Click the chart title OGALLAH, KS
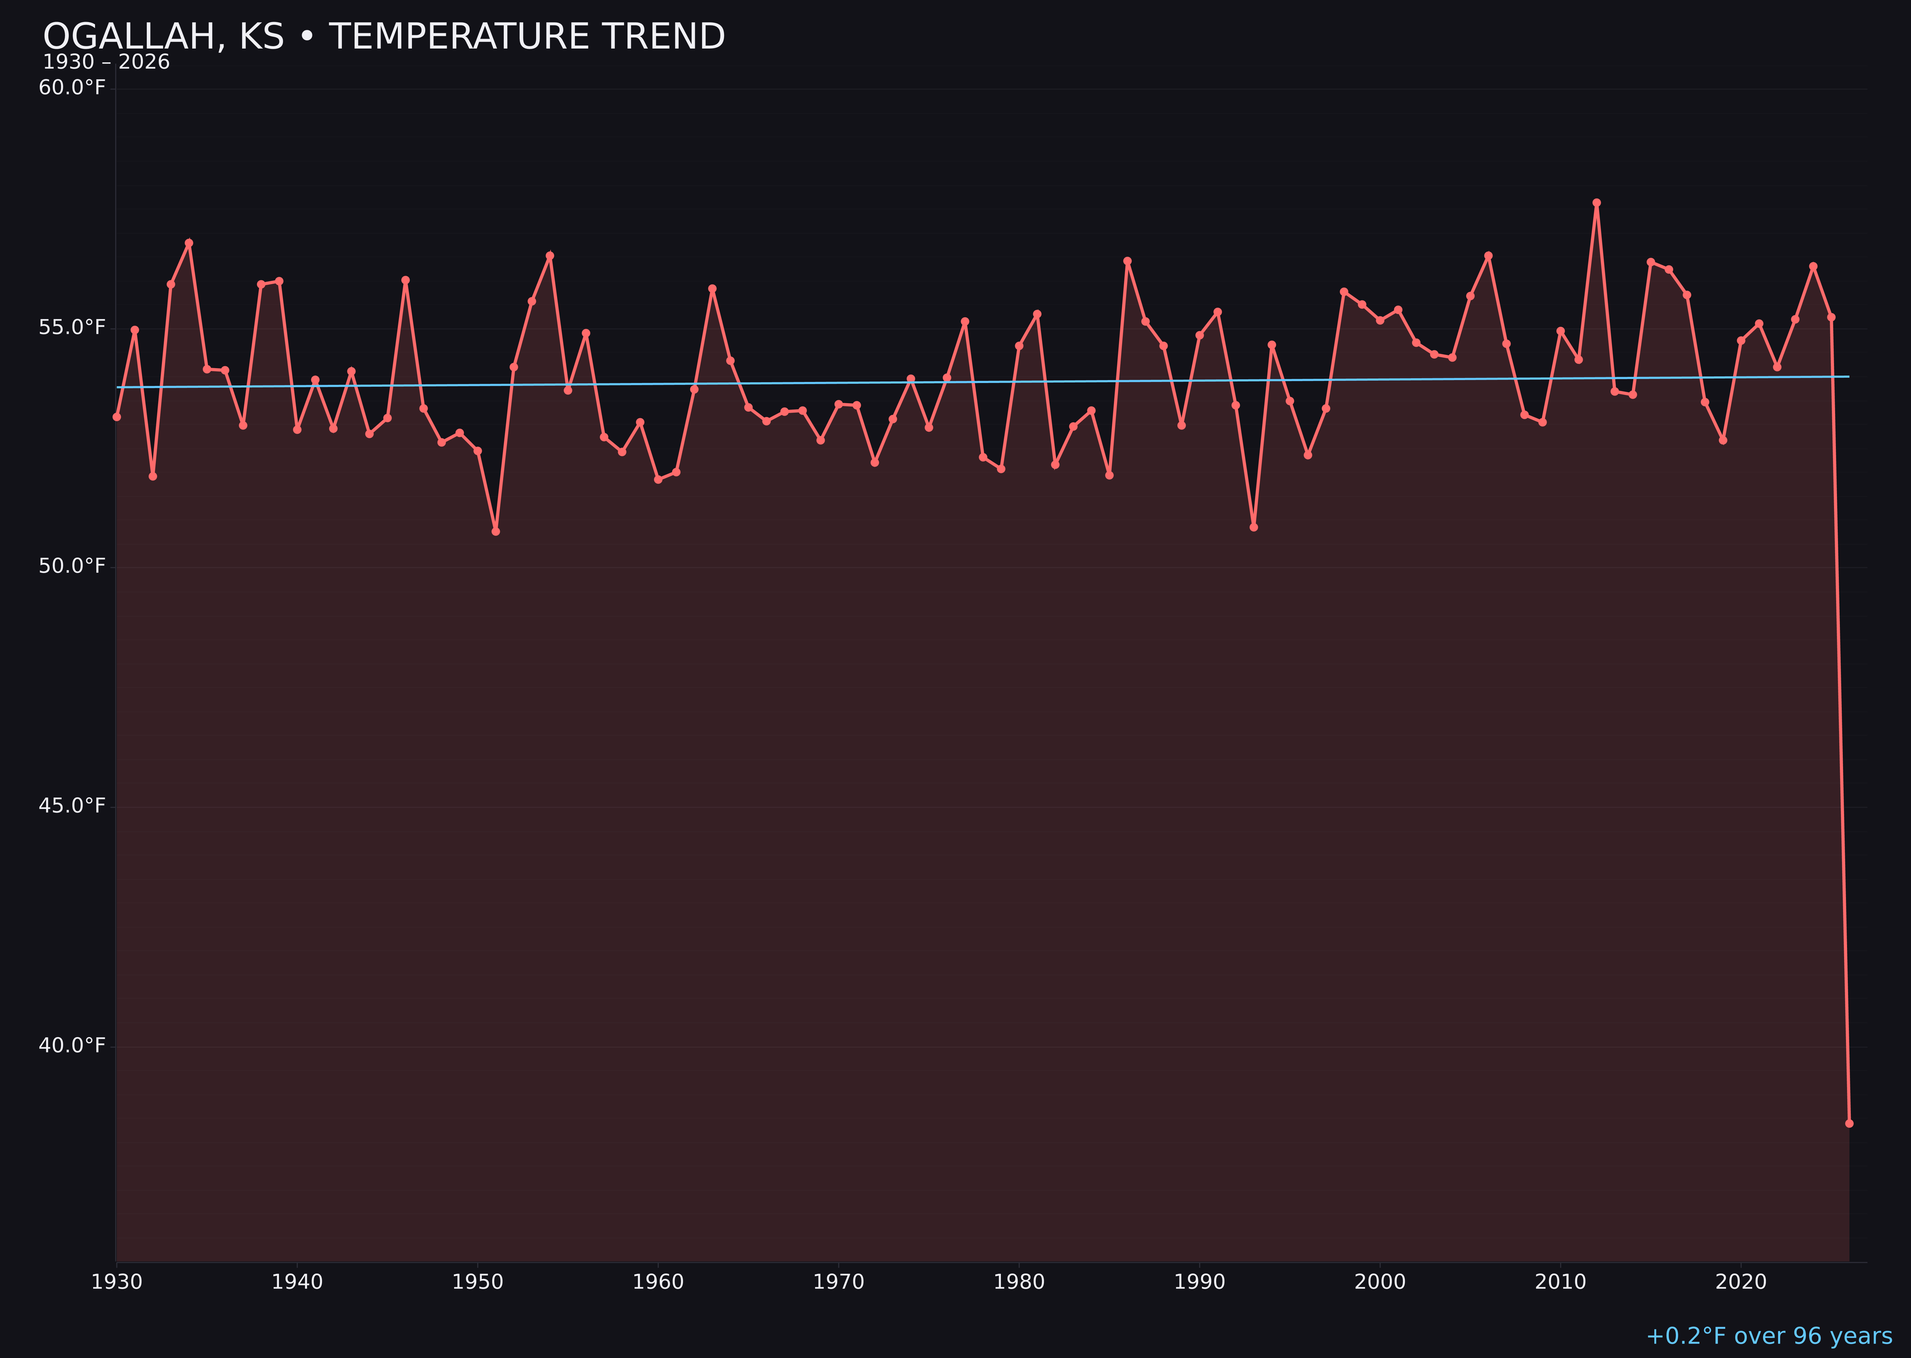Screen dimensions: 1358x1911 point(383,37)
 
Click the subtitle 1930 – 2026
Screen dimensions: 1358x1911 point(106,63)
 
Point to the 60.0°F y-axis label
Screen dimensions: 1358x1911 point(72,88)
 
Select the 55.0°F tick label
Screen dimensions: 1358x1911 point(72,327)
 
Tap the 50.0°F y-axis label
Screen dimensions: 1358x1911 point(72,566)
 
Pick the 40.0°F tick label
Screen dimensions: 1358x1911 point(72,1045)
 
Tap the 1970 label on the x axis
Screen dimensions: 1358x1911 point(838,1282)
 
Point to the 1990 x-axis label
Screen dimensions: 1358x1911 point(1199,1282)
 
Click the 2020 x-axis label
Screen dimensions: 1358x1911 point(1740,1282)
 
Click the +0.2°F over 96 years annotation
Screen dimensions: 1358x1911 point(1768,1336)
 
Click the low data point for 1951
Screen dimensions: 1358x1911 point(495,531)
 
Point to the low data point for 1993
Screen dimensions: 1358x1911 point(1253,527)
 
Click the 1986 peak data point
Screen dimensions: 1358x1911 point(1127,261)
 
